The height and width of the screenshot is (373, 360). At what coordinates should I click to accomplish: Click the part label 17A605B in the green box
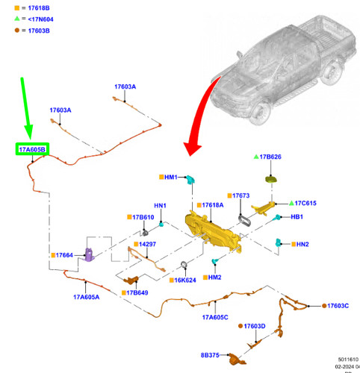point(32,149)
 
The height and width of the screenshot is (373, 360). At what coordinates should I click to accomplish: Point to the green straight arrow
point(27,108)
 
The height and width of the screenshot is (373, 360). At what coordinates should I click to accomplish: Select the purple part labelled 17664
point(89,254)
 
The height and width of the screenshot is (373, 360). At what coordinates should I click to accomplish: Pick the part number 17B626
point(270,157)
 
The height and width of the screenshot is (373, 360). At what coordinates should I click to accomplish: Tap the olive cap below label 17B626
point(271,179)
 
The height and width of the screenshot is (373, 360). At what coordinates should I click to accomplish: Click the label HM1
point(171,177)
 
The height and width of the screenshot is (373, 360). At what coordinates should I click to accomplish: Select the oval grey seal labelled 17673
point(244,221)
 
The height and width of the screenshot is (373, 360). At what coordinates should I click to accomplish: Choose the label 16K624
point(185,280)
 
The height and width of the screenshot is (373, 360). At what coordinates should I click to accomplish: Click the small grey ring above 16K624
point(184,265)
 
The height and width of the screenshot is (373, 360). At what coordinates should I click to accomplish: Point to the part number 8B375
point(210,355)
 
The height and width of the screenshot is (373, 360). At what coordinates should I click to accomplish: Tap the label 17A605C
point(215,317)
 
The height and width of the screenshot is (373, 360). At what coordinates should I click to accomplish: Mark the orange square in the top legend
point(17,8)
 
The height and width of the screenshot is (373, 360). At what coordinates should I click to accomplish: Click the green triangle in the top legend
point(17,19)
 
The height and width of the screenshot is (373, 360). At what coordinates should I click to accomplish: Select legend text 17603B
point(39,31)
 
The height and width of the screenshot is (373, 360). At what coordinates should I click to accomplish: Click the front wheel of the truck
point(260,113)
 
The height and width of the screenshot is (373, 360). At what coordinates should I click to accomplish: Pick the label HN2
point(302,244)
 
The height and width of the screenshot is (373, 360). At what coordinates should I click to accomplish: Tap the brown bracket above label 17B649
point(131,280)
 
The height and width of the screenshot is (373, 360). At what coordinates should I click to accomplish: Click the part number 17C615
point(305,203)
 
